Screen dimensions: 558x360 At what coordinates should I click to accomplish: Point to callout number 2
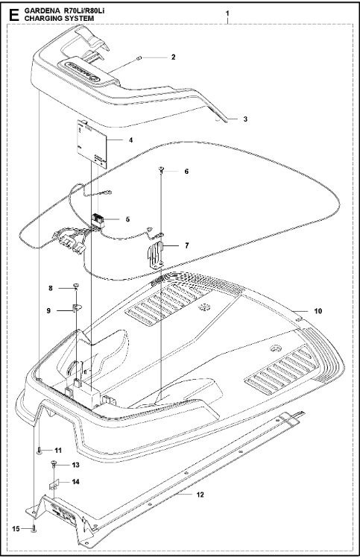tap(173, 57)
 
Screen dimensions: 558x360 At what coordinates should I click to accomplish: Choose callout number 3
tap(234, 119)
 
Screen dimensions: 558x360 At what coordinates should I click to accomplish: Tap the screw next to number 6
tap(161, 172)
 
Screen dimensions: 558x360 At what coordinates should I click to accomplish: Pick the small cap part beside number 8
tap(77, 287)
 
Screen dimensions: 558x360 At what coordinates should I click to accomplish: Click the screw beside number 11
tap(37, 451)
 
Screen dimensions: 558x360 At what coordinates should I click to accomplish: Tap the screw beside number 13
tap(55, 464)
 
